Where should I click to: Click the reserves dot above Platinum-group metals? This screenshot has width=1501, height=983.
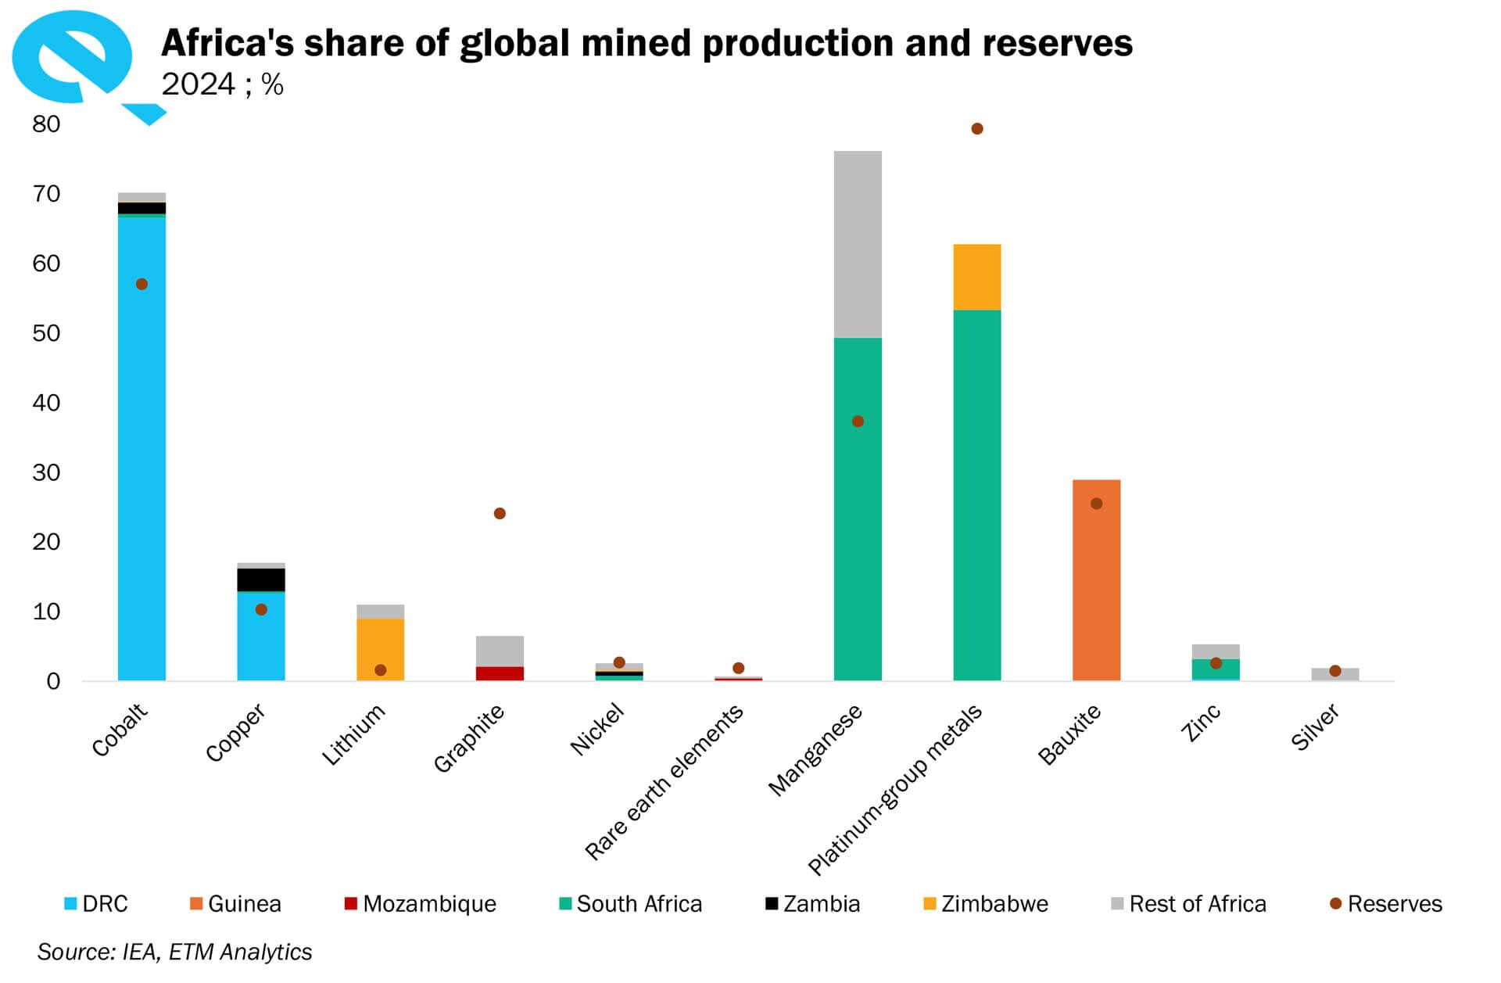976,128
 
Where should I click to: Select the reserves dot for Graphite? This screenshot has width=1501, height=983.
500,513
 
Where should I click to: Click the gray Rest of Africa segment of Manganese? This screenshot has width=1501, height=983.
858,244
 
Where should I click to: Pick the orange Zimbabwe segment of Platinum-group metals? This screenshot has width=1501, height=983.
976,277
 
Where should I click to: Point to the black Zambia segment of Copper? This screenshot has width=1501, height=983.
261,579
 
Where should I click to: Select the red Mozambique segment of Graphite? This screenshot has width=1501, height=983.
500,673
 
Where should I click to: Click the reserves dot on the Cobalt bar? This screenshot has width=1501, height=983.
142,284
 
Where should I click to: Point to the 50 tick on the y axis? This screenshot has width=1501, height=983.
46,333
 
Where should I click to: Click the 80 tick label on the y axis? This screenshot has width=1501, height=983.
46,124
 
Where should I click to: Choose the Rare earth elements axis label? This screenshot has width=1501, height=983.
665,782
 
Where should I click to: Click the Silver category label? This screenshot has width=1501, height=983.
1315,727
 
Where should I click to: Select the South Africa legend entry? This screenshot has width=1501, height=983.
630,904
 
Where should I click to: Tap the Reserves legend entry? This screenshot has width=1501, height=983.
1386,904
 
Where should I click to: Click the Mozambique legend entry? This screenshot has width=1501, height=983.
421,904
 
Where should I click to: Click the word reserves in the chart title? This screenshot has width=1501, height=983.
1057,43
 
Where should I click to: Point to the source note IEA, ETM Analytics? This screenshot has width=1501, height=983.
174,952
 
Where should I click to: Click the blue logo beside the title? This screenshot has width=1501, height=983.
74,59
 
